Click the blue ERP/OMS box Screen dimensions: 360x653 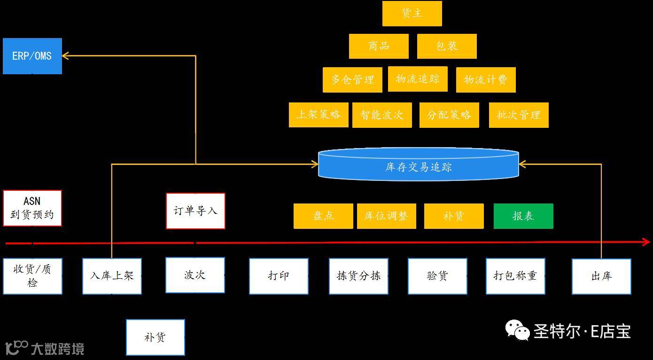click(x=32, y=56)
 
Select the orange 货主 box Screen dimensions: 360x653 click(x=412, y=14)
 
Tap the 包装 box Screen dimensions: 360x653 click(x=447, y=46)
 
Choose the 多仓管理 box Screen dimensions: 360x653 click(x=352, y=80)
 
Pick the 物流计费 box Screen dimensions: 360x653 click(x=486, y=80)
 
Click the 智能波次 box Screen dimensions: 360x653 click(x=382, y=115)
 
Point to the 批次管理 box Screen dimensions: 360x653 click(x=519, y=115)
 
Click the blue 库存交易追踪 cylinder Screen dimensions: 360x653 click(x=419, y=166)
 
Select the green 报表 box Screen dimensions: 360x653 click(x=523, y=216)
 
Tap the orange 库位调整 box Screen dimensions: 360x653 click(x=386, y=216)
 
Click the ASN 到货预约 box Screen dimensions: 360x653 click(x=32, y=208)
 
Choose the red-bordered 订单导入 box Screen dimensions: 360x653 click(x=195, y=211)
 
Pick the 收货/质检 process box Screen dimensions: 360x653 click(x=32, y=276)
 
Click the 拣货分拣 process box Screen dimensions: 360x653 click(x=358, y=276)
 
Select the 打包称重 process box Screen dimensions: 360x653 click(x=515, y=276)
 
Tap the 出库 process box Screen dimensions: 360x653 click(x=601, y=276)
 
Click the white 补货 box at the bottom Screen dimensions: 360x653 click(x=155, y=337)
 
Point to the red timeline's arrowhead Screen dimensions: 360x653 click(x=646, y=243)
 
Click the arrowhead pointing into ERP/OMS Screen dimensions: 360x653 click(x=66, y=56)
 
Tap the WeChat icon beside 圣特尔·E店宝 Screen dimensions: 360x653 click(x=517, y=330)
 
